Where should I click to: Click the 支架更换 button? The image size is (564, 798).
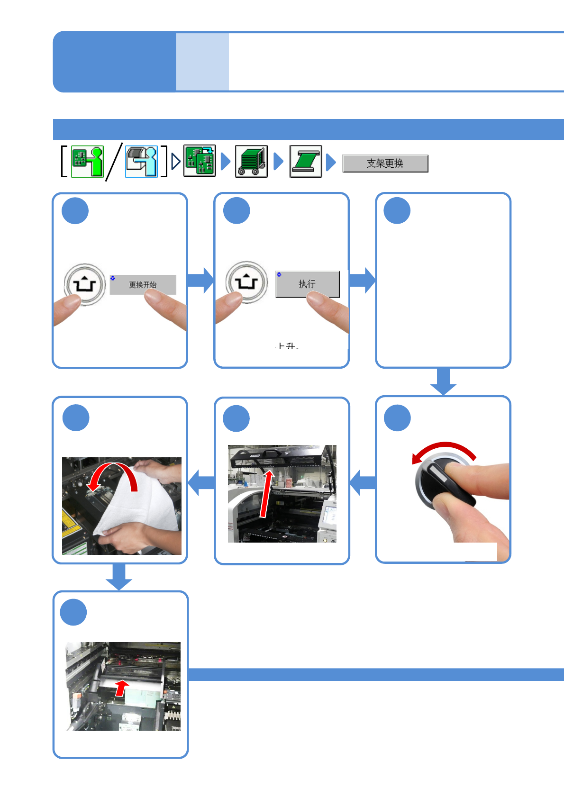point(385,163)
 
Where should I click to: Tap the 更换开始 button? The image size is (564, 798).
point(143,285)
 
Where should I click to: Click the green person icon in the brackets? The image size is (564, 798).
point(87,162)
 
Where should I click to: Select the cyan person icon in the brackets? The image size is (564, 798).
point(141,162)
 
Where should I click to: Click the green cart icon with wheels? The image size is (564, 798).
point(251,162)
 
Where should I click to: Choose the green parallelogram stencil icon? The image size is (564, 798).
point(306,162)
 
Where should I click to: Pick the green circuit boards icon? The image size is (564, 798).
point(200,161)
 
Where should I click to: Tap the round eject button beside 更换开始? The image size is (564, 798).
point(85,285)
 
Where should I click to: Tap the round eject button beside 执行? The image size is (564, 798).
point(246,282)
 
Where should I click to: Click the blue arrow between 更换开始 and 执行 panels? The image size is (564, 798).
point(200,280)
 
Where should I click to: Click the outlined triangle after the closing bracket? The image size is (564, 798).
point(176,162)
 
